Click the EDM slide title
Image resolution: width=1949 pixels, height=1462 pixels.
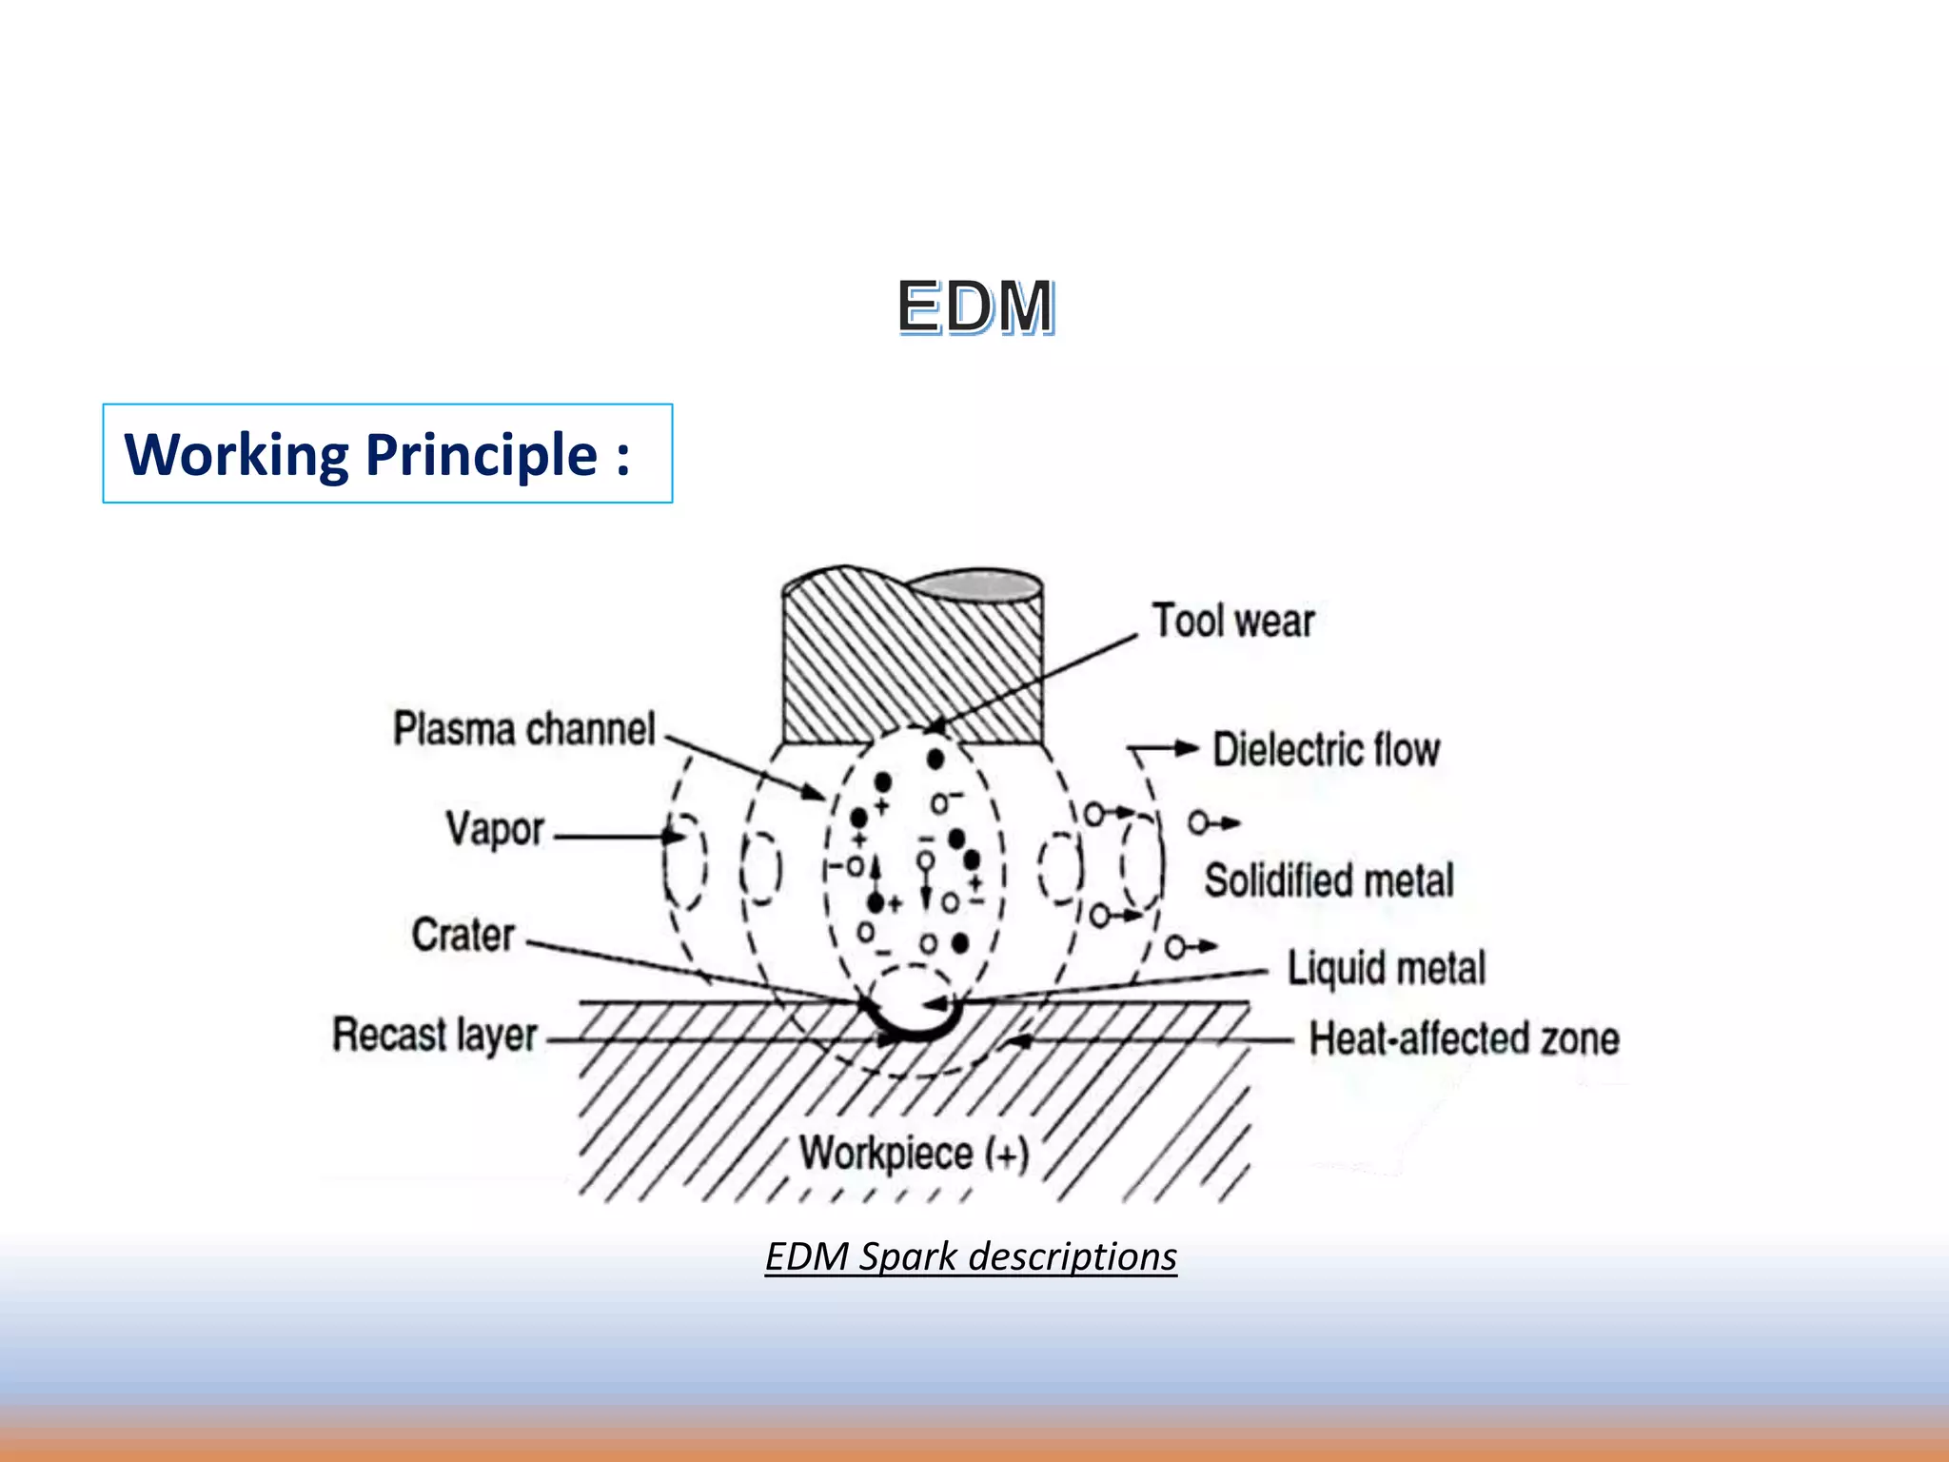[x=975, y=307]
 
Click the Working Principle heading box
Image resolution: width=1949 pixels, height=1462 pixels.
[x=387, y=453]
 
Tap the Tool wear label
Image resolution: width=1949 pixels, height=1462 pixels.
[x=1232, y=622]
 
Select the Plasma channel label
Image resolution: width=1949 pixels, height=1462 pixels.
[x=524, y=730]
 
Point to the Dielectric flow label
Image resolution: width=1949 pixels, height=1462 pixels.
[x=1326, y=750]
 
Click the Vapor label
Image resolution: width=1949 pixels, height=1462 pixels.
[x=495, y=829]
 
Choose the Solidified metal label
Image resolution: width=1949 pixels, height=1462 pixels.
[x=1329, y=880]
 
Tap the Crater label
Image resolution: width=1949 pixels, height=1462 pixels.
[x=463, y=936]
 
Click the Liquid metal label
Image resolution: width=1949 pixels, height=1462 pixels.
[x=1386, y=968]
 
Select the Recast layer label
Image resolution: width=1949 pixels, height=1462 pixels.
[x=435, y=1035]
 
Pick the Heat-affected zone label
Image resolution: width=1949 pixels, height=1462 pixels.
[x=1464, y=1038]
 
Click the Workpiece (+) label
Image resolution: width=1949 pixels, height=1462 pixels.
[x=914, y=1154]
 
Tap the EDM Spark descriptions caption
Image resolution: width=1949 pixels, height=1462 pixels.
[x=971, y=1256]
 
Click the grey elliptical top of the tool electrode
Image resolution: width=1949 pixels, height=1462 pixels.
[x=975, y=585]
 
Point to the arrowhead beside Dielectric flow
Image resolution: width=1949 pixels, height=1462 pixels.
[x=1186, y=748]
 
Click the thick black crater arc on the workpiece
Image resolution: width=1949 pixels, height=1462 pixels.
[x=914, y=1032]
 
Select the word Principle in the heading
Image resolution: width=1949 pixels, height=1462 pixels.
[x=482, y=455]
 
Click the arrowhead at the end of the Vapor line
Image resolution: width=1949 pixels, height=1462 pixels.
[x=675, y=837]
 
